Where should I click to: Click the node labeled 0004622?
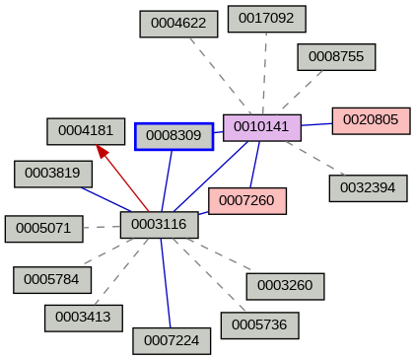coord(178,24)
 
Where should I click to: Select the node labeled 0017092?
coord(266,18)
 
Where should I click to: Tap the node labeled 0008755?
coord(336,56)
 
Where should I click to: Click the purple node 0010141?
coord(261,127)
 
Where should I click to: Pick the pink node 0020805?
coord(371,120)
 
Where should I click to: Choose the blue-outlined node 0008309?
coord(174,135)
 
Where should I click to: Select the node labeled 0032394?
coord(368,187)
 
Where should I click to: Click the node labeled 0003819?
coord(53,174)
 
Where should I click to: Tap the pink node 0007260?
coord(246,201)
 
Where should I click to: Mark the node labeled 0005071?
coord(43,228)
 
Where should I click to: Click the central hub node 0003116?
coord(159,225)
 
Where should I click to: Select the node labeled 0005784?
coord(52,280)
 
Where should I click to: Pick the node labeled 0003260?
coord(285,286)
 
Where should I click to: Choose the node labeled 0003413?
coord(84,318)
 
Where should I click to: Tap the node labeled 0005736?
coord(259,324)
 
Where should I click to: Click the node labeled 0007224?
coord(172,340)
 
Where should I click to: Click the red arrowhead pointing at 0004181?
coord(103,151)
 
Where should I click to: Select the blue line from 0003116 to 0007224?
coord(166,286)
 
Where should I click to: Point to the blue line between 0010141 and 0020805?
coord(316,124)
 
